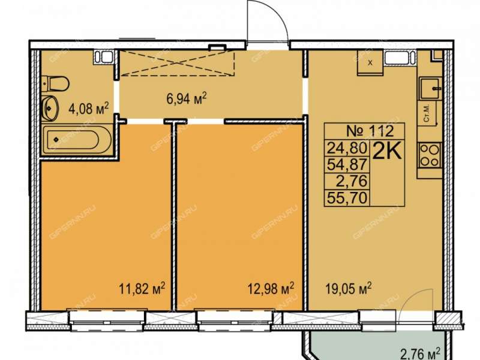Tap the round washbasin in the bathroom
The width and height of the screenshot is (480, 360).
pyautogui.click(x=50, y=109)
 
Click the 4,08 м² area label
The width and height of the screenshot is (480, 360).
pyautogui.click(x=88, y=109)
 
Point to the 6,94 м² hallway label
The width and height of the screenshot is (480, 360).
pyautogui.click(x=187, y=98)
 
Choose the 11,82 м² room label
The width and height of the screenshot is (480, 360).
pyautogui.click(x=142, y=289)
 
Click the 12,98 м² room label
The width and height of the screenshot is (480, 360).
pyautogui.click(x=271, y=289)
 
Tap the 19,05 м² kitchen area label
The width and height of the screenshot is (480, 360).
pyautogui.click(x=349, y=289)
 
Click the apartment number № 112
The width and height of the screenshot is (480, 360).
pyautogui.click(x=370, y=131)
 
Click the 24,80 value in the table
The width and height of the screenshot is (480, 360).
pyautogui.click(x=347, y=148)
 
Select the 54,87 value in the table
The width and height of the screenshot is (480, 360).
pyautogui.click(x=347, y=165)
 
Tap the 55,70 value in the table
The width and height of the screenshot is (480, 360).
pyautogui.click(x=347, y=198)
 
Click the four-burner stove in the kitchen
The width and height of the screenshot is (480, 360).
pyautogui.click(x=430, y=155)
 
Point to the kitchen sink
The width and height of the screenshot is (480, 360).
pyautogui.click(x=430, y=88)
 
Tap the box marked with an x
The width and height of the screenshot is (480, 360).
pyautogui.click(x=370, y=63)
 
